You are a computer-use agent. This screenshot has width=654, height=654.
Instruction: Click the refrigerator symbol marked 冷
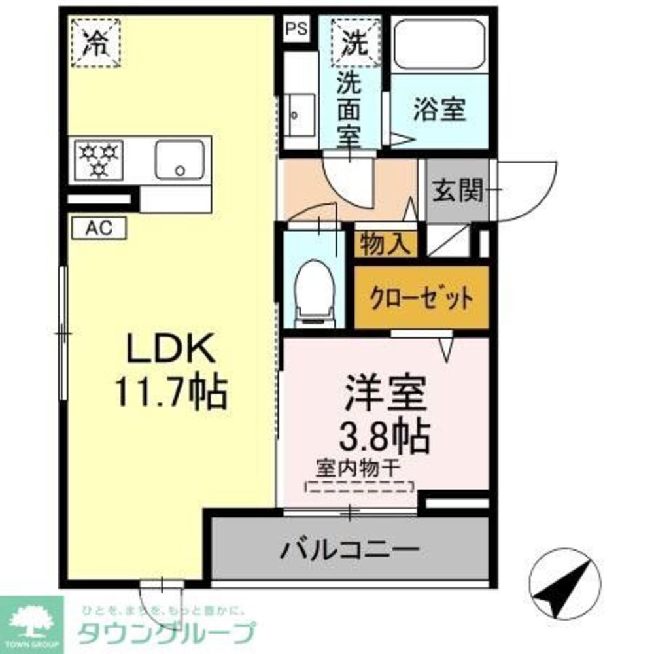click(95, 43)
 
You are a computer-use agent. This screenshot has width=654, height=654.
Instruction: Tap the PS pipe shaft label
click(295, 29)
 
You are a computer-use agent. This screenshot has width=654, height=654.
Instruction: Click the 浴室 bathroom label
click(439, 110)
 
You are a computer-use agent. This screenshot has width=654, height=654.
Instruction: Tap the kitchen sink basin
click(179, 159)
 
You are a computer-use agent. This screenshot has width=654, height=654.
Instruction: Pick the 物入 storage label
click(386, 244)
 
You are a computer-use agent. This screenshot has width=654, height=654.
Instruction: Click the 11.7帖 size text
click(171, 392)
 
